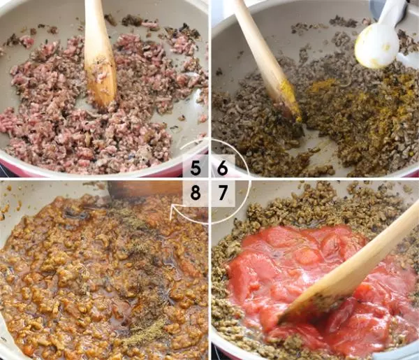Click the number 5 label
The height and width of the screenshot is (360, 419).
pos(196,168)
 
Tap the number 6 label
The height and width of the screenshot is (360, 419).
pos(222,168)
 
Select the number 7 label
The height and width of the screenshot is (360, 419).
pos(223,192)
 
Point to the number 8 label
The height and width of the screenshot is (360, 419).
pos(196,192)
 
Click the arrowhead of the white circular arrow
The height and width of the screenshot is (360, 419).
pos(172,211)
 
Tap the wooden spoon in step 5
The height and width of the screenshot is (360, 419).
pos(99,54)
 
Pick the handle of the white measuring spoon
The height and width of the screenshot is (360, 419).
pos(395,13)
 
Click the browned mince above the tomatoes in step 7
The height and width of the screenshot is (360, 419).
pos(321,208)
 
